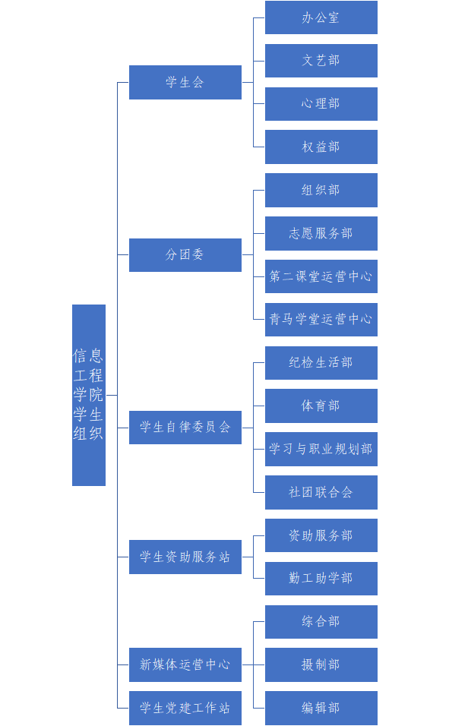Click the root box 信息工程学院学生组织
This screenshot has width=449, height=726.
click(x=89, y=395)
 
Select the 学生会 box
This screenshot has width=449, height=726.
click(x=185, y=83)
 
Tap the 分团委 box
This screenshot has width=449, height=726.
click(x=185, y=254)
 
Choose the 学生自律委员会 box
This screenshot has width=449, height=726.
click(x=185, y=428)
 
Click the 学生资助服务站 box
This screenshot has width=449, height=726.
click(x=185, y=557)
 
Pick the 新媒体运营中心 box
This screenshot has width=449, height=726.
click(x=185, y=665)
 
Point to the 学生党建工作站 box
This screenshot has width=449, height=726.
click(x=185, y=708)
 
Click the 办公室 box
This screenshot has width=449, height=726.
click(x=321, y=17)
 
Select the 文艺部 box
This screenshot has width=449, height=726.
click(x=321, y=61)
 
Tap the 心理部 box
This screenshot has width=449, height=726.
click(x=321, y=104)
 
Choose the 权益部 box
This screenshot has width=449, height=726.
click(x=321, y=147)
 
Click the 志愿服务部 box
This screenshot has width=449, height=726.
click(x=321, y=233)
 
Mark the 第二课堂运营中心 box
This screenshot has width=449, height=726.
click(x=321, y=276)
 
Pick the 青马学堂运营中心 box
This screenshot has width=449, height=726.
click(x=321, y=320)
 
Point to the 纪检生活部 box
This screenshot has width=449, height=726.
click(x=321, y=363)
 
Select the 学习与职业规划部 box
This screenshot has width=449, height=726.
click(x=321, y=449)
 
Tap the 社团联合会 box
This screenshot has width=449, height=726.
click(x=321, y=492)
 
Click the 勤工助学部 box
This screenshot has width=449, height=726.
click(x=321, y=579)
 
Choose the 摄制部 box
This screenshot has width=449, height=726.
click(x=321, y=665)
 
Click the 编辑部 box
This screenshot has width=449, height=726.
click(x=321, y=708)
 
